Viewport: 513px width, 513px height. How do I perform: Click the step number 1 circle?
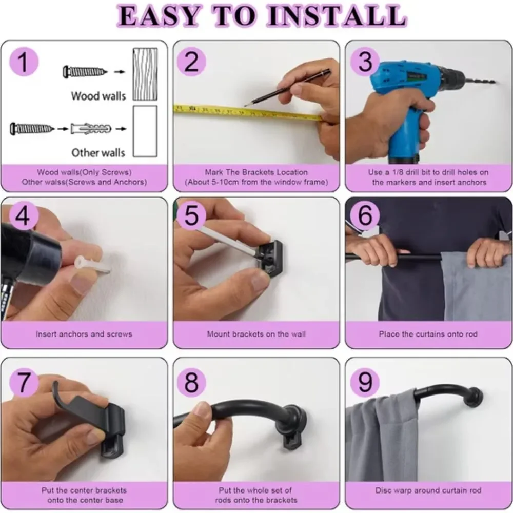pyautogui.click(x=24, y=62)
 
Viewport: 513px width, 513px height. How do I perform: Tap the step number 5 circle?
pyautogui.click(x=191, y=215)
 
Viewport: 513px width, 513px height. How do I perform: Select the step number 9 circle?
pyautogui.click(x=365, y=382)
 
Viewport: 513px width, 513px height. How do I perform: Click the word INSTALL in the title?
pyautogui.click(x=337, y=16)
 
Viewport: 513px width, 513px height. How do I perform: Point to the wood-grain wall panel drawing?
pyautogui.click(x=145, y=74)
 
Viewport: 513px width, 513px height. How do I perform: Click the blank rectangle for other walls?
pyautogui.click(x=145, y=131)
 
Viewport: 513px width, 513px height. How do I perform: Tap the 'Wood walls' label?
pyautogui.click(x=98, y=96)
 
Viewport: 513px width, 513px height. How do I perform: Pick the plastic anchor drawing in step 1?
pyautogui.click(x=91, y=129)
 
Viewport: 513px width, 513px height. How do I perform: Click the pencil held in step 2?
pyautogui.click(x=288, y=88)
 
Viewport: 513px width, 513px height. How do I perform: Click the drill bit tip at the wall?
pyautogui.click(x=495, y=81)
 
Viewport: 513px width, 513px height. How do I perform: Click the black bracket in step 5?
pyautogui.click(x=270, y=257)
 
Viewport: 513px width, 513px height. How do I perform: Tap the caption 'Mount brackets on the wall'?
pyautogui.click(x=256, y=334)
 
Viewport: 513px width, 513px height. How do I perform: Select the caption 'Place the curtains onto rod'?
pyautogui.click(x=428, y=334)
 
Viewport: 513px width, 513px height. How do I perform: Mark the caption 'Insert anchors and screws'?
pyautogui.click(x=84, y=334)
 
